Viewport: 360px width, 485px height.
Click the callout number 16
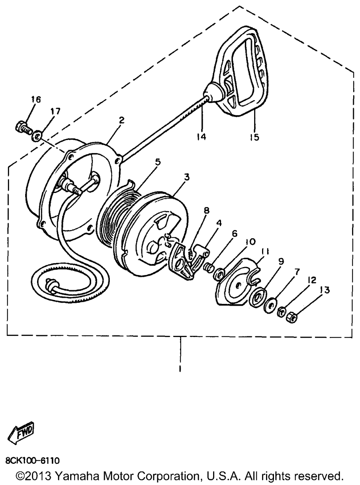pyautogui.click(x=36, y=100)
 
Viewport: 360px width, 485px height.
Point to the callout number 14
pyautogui.click(x=201, y=137)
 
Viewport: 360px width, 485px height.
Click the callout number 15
pyautogui.click(x=254, y=137)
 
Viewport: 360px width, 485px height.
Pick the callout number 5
pyautogui.click(x=157, y=162)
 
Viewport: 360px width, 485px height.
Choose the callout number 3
pyautogui.click(x=186, y=177)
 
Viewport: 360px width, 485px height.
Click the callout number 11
pyautogui.click(x=265, y=252)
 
